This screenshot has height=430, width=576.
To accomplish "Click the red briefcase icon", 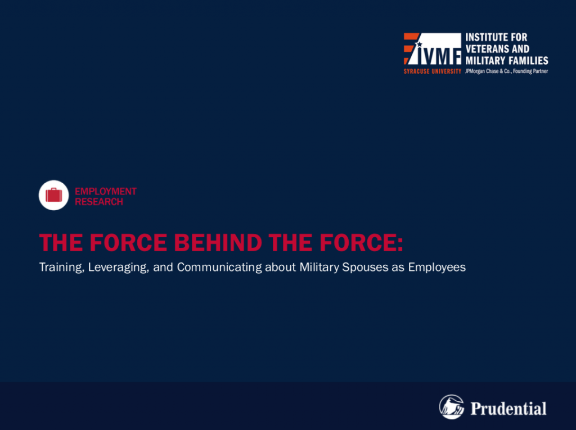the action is tap(53, 195).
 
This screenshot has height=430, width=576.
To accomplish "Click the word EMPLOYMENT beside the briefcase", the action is tap(106, 191).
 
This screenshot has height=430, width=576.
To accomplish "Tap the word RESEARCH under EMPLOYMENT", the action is tap(99, 202).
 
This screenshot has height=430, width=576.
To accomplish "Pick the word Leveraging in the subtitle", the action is tap(118, 268).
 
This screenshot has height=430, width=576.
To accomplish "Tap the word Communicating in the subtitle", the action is tap(219, 268).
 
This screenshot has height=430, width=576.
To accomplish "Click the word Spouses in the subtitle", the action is tap(365, 267).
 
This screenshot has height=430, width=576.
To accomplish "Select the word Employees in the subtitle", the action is tap(436, 268).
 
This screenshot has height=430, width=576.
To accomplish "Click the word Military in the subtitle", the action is tap(319, 268).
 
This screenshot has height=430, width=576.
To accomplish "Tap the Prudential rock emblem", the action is tap(452, 407).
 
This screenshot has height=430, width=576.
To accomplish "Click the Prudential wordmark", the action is tap(508, 408).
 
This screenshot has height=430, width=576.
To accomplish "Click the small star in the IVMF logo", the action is tap(419, 44).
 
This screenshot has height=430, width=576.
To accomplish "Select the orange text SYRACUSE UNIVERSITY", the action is tap(433, 71).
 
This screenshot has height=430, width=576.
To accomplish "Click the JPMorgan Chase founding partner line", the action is tap(506, 71).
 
